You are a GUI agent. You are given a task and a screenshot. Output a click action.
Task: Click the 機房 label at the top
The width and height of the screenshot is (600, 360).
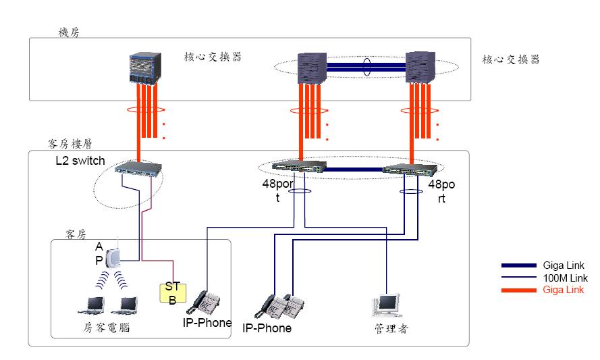pyautogui.click(x=70, y=32)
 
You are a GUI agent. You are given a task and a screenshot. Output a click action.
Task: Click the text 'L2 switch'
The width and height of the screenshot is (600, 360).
pyautogui.click(x=80, y=161)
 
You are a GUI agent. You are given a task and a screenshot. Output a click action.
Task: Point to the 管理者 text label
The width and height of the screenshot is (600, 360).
pyautogui.click(x=391, y=329)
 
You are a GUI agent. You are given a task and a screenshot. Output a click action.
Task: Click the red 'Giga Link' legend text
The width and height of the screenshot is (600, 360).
pyautogui.click(x=564, y=290)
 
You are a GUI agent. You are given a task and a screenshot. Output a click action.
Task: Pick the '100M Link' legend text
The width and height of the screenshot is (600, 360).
pyautogui.click(x=565, y=278)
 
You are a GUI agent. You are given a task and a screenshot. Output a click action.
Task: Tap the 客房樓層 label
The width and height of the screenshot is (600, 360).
pyautogui.click(x=70, y=144)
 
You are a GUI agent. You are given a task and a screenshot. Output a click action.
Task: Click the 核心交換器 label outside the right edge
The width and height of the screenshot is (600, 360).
pyautogui.click(x=511, y=59)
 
